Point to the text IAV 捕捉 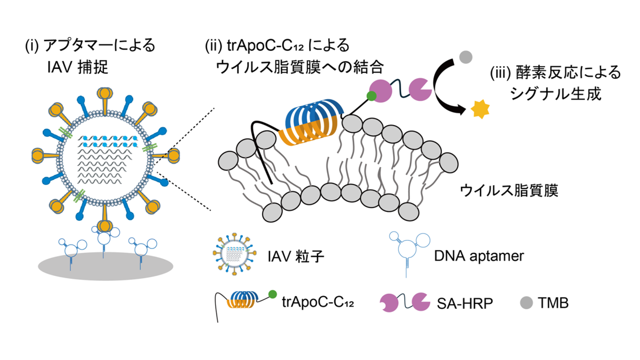pos(76,67)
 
